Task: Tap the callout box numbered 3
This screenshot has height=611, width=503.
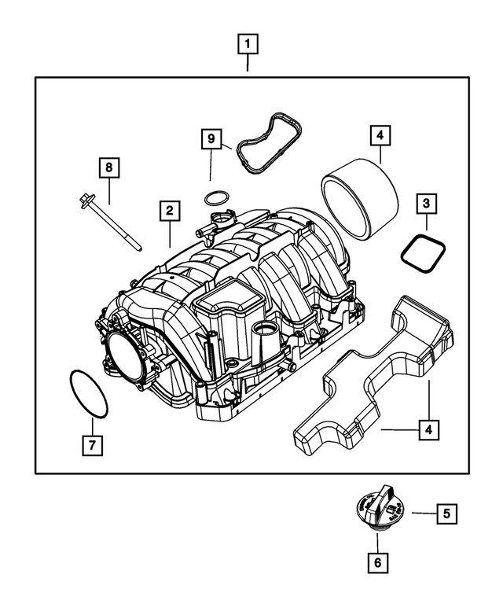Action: click(x=425, y=204)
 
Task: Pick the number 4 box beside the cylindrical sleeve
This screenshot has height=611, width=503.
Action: click(x=379, y=136)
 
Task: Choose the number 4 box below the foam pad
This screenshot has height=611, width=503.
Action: click(x=428, y=430)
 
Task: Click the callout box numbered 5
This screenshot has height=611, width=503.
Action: click(x=446, y=514)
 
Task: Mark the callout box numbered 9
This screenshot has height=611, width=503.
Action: click(x=210, y=139)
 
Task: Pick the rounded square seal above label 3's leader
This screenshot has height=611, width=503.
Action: click(x=424, y=252)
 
